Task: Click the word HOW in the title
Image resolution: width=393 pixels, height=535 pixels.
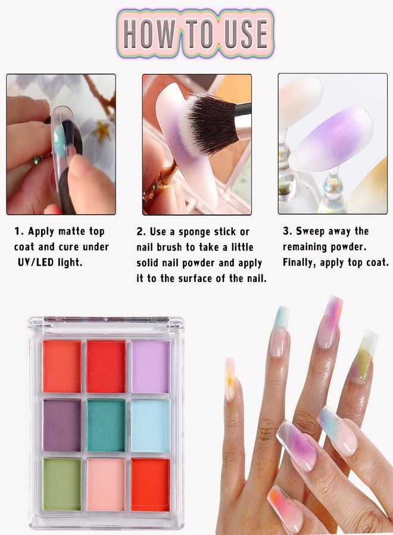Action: click(x=149, y=33)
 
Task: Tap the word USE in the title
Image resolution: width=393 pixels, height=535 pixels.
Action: click(x=246, y=33)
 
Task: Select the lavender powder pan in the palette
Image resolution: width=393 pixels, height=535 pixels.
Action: click(x=151, y=367)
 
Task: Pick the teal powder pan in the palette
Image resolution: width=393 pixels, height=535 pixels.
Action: click(x=106, y=426)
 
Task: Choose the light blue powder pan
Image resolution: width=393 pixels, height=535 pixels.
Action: click(x=151, y=426)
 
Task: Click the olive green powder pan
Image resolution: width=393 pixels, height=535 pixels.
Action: click(x=62, y=484)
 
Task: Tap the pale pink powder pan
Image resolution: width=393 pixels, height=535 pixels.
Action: click(x=106, y=484)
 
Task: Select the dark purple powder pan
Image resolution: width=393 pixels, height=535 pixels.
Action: click(x=62, y=426)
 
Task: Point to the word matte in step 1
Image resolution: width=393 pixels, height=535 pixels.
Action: click(x=72, y=231)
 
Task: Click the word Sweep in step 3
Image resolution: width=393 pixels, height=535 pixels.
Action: click(x=310, y=232)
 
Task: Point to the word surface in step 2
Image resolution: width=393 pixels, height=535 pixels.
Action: click(x=195, y=278)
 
